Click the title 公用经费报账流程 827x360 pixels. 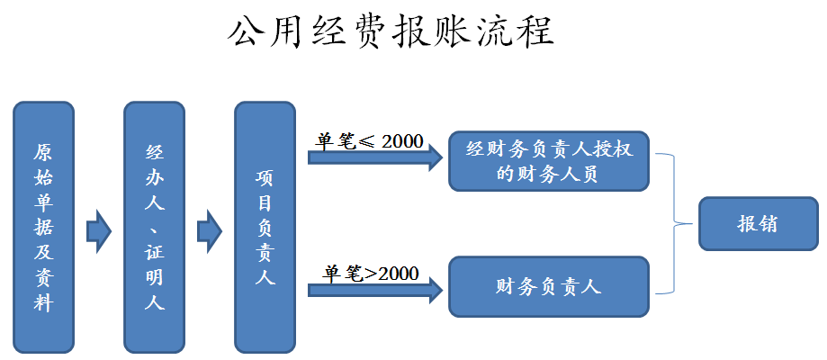coord(390,31)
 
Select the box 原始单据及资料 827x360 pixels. coord(43,226)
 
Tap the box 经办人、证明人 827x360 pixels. coord(154,226)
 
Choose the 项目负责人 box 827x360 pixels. coord(265,226)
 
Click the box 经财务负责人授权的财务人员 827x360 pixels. coord(548,161)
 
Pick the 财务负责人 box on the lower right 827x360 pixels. coord(548,287)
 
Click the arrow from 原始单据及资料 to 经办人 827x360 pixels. coord(98,230)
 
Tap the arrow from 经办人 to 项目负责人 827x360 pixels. coord(209,230)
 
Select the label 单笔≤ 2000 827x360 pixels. coord(369,141)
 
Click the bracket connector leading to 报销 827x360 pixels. coord(675,223)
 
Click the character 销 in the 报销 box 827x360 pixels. coord(768,223)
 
